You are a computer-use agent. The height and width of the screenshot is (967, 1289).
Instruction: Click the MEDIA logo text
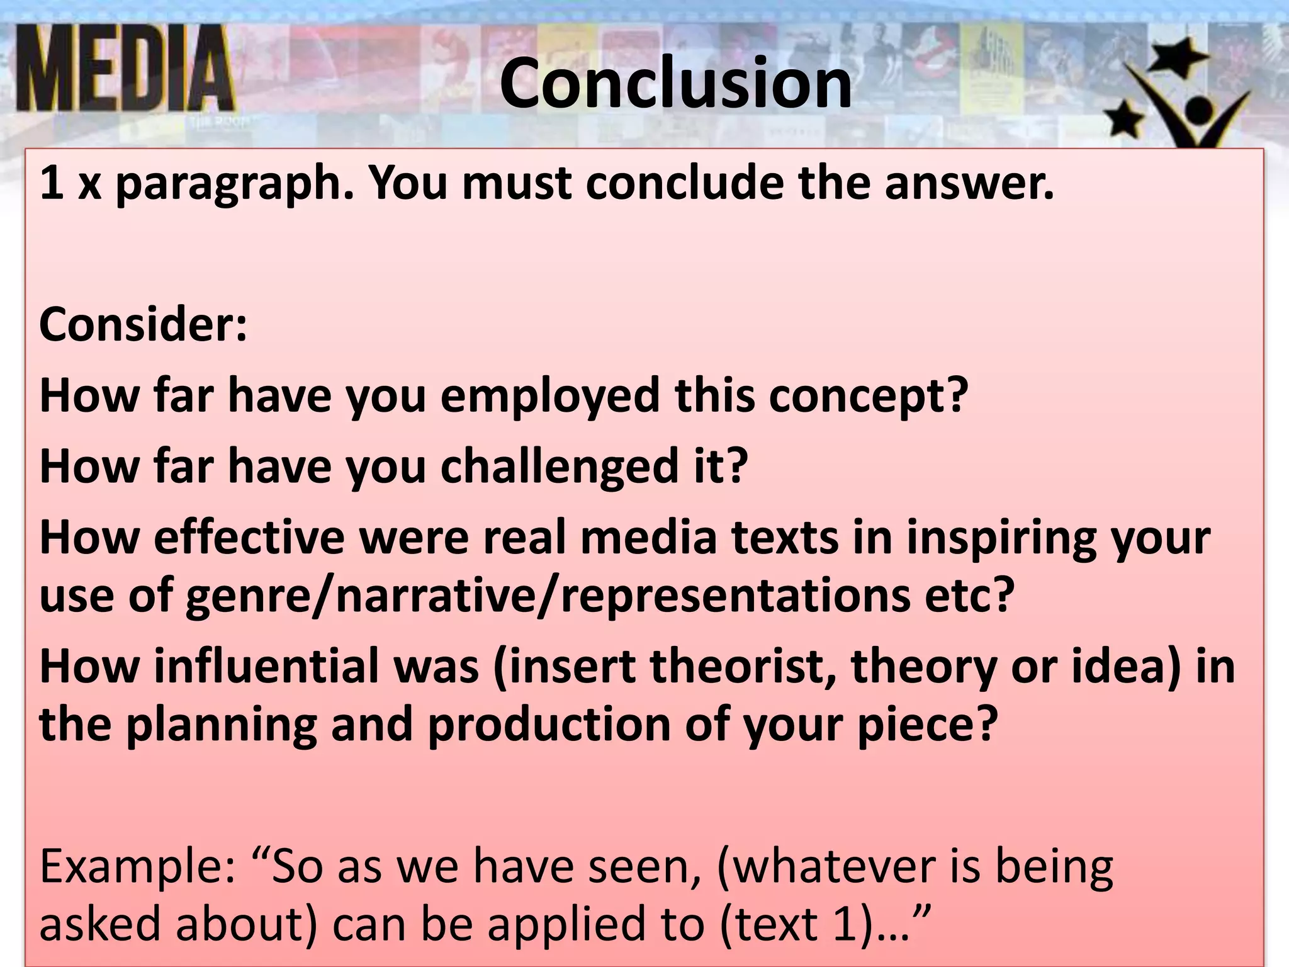click(x=126, y=69)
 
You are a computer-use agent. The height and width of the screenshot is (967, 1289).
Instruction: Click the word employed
click(x=549, y=397)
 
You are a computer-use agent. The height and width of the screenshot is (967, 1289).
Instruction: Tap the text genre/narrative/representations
click(x=548, y=595)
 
